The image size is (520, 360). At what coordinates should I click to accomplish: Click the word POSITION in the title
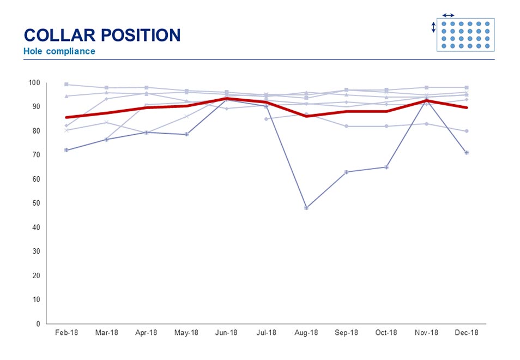(142, 35)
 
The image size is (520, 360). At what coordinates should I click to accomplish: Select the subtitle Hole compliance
(59, 52)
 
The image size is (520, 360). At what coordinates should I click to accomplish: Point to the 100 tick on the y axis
(34, 82)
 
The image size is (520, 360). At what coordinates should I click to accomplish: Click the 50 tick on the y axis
(36, 203)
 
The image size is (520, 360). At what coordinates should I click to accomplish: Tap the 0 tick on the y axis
(38, 323)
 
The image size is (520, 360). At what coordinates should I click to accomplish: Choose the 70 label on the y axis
(36, 155)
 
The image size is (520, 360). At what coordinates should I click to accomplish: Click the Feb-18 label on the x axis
(66, 333)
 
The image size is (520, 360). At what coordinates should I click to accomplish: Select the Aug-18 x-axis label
(306, 333)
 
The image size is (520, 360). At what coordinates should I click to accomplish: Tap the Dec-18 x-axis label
(467, 333)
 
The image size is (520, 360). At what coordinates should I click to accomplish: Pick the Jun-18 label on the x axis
(226, 333)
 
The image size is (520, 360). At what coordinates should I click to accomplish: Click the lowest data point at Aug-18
(306, 208)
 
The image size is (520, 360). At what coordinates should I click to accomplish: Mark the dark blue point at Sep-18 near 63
(346, 172)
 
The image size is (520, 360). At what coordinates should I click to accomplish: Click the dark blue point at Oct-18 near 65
(386, 167)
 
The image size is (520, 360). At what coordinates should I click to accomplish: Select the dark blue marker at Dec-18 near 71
(467, 153)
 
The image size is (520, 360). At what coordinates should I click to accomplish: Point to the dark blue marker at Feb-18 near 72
(66, 150)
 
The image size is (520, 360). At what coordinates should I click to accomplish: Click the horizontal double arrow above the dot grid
(448, 15)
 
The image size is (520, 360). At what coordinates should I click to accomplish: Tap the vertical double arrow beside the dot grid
(434, 27)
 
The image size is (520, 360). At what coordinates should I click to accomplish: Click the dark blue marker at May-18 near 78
(186, 134)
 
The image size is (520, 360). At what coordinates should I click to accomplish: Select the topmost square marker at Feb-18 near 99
(66, 85)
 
